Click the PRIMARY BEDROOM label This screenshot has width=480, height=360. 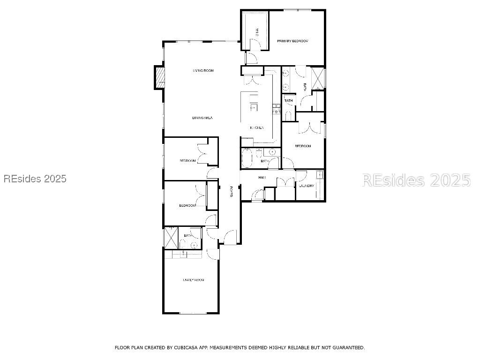[x=292, y=41]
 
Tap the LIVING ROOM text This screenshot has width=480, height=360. [x=203, y=70]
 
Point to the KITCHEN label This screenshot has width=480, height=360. [x=257, y=127]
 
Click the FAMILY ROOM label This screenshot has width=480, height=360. [x=194, y=280]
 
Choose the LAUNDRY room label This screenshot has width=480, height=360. [x=307, y=186]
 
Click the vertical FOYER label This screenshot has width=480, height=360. [x=231, y=192]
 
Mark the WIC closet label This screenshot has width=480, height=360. [x=257, y=32]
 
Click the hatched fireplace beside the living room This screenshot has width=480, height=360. [x=160, y=76]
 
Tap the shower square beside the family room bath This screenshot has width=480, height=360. [x=171, y=238]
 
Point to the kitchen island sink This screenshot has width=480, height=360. [x=253, y=107]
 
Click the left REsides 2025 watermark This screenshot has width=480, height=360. [x=35, y=179]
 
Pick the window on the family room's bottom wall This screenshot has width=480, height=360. [x=192, y=313]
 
